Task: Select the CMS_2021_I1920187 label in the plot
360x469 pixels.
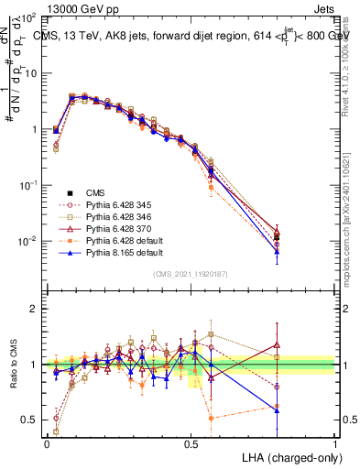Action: (190, 273)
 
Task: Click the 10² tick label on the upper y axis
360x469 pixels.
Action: (27, 18)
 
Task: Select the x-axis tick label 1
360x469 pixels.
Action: (334, 443)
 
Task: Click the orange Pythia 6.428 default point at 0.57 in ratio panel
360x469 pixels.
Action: (212, 418)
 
